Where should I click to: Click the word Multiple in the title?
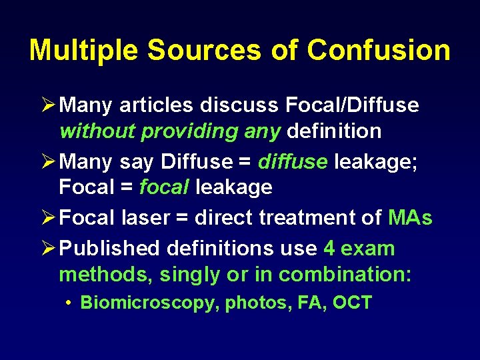(x=83, y=51)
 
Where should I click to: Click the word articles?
(x=153, y=105)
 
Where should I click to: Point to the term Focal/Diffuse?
(x=352, y=105)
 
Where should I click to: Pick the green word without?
(x=97, y=131)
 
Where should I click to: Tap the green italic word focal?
(x=164, y=187)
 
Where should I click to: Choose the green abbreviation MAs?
(x=409, y=218)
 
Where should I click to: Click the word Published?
(x=117, y=249)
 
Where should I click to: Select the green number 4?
(x=329, y=249)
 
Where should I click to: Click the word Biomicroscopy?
(x=150, y=303)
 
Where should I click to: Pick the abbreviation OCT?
(x=351, y=303)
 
